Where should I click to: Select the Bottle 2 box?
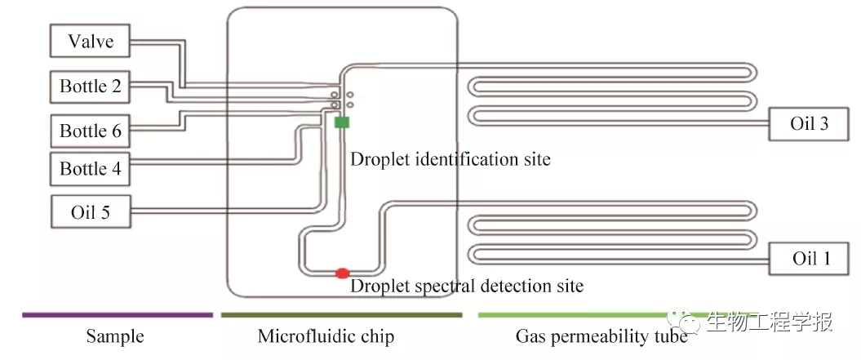pyautogui.click(x=91, y=87)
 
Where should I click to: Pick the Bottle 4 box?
pyautogui.click(x=91, y=169)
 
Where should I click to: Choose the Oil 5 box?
pyautogui.click(x=91, y=213)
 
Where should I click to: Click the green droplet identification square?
pyautogui.click(x=342, y=122)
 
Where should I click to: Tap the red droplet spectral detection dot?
pyautogui.click(x=342, y=272)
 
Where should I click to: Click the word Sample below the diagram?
pyautogui.click(x=115, y=336)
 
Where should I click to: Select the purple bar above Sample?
pyautogui.click(x=118, y=314)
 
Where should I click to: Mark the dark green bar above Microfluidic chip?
pyautogui.click(x=341, y=314)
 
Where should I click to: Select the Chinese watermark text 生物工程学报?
pyautogui.click(x=769, y=322)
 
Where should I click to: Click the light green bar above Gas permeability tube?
pyautogui.click(x=571, y=314)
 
